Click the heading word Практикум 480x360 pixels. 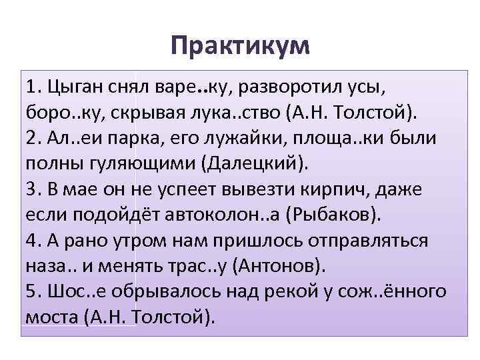[x=240, y=46]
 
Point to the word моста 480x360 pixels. [x=53, y=317]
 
